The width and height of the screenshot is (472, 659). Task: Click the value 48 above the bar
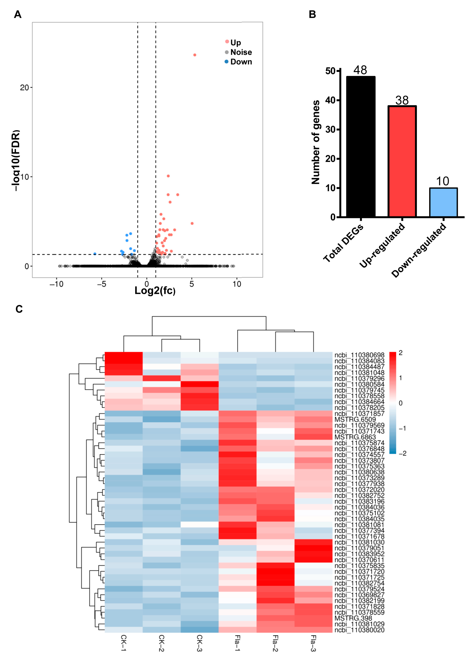click(x=360, y=70)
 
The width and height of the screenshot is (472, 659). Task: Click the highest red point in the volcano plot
click(x=195, y=55)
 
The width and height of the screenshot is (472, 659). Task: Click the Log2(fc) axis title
click(x=155, y=290)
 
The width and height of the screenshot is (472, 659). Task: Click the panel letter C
click(x=19, y=309)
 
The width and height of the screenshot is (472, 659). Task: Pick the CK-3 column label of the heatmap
click(x=200, y=643)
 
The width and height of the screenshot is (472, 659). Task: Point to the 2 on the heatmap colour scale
click(x=401, y=353)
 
